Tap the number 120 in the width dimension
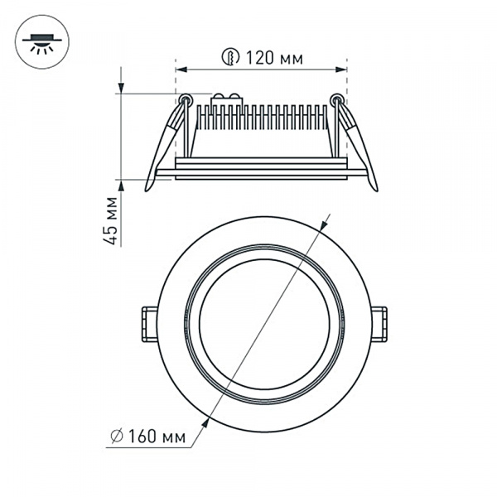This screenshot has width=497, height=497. tap(255, 58)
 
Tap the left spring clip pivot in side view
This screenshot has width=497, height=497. tap(186, 101)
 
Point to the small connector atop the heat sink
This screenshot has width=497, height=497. tap(227, 99)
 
